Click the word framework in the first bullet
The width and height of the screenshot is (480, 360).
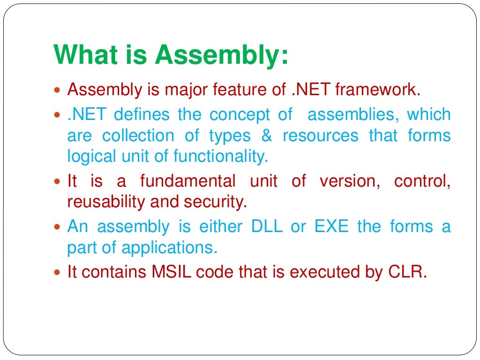pos(375,89)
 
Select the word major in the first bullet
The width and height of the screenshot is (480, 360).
pos(186,89)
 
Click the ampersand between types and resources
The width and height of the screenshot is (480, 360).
pos(267,135)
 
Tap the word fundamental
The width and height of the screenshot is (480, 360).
pos(187,181)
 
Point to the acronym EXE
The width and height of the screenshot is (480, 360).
pos(331,226)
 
